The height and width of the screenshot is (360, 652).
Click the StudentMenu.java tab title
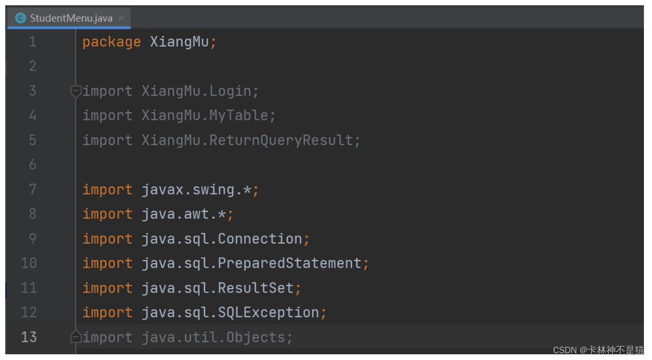coord(71,19)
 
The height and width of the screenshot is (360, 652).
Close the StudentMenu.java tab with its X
coord(121,18)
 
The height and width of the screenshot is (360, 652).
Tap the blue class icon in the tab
coord(20,19)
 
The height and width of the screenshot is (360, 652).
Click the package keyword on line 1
coord(112,42)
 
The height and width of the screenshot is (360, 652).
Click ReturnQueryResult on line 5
coord(281,140)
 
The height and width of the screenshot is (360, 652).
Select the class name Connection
coord(260,239)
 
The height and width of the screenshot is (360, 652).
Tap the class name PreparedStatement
coord(289,263)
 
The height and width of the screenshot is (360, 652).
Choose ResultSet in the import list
coord(256,288)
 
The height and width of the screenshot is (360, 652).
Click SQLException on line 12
coord(268,312)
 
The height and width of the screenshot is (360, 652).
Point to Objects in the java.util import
coord(256,337)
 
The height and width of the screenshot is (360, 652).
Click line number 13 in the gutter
coord(29,337)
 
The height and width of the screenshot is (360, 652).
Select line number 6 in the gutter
coord(32,165)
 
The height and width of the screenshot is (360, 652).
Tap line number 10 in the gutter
coord(29,263)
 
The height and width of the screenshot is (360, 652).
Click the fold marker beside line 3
coord(76,91)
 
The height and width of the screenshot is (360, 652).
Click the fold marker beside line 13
coord(76,337)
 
